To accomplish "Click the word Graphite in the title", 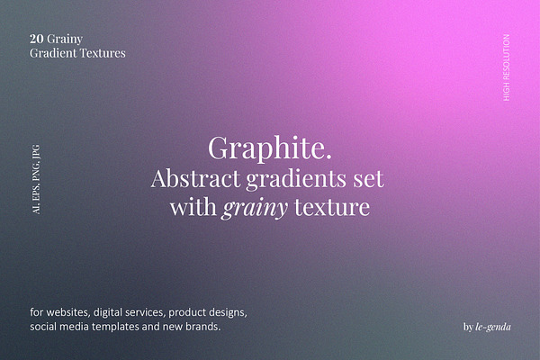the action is pos(265,148).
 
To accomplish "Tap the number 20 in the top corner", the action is pos(37,39).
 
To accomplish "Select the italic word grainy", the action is pos(255,208).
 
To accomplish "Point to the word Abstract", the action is pos(195,178).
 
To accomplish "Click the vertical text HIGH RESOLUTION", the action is pos(506,67).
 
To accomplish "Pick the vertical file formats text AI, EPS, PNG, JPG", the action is pos(36,179).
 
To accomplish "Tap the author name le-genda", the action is pos(493,327).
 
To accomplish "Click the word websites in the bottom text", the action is pos(67,312).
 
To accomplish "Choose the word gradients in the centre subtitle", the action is pos(296,179).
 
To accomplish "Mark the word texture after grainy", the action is pos(332,207).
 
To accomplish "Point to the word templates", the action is pos(115,327).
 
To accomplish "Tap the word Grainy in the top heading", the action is pos(65,40).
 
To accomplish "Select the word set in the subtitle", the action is pos(368,179).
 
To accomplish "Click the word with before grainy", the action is pos(193,207).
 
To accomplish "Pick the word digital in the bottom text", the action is pos(108,312).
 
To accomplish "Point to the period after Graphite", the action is pos(328,157).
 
